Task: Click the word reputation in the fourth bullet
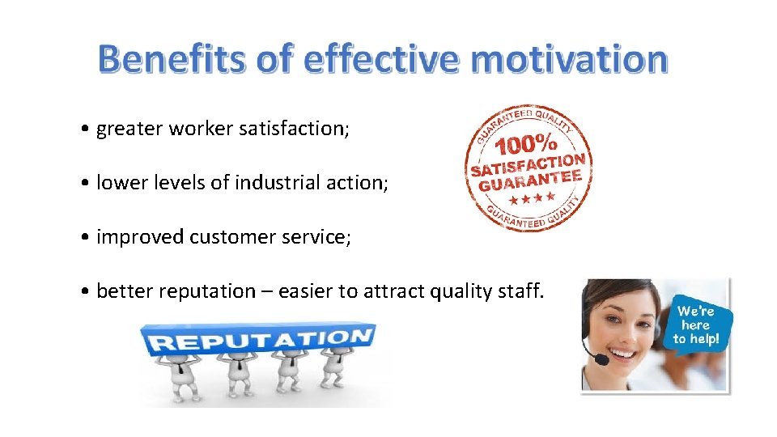(x=202, y=291)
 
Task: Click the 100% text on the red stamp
(x=525, y=146)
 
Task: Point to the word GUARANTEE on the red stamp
(x=530, y=180)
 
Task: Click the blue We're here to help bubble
(x=695, y=325)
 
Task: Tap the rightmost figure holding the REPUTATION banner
(x=333, y=372)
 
